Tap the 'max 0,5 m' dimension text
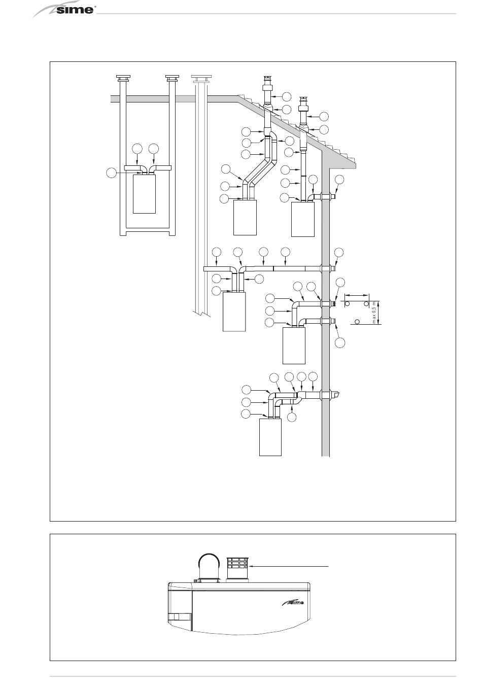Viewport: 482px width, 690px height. pyautogui.click(x=374, y=312)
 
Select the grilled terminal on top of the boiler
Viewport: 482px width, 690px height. pyautogui.click(x=237, y=569)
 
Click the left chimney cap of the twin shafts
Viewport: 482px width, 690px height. pyautogui.click(x=123, y=78)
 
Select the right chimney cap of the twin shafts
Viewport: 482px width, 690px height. pyautogui.click(x=173, y=78)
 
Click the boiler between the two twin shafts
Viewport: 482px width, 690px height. pyautogui.click(x=144, y=194)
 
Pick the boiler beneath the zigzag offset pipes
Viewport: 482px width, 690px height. pyautogui.click(x=245, y=217)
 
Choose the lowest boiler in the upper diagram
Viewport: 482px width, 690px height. pyautogui.click(x=270, y=437)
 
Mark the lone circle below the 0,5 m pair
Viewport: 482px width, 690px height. pyautogui.click(x=357, y=322)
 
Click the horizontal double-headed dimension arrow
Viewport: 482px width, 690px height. pyautogui.click(x=357, y=294)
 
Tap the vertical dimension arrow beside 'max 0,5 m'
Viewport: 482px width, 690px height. pyautogui.click(x=379, y=312)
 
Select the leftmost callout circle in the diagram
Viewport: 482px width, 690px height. pyautogui.click(x=111, y=174)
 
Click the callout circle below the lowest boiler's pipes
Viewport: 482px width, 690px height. pyautogui.click(x=291, y=417)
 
